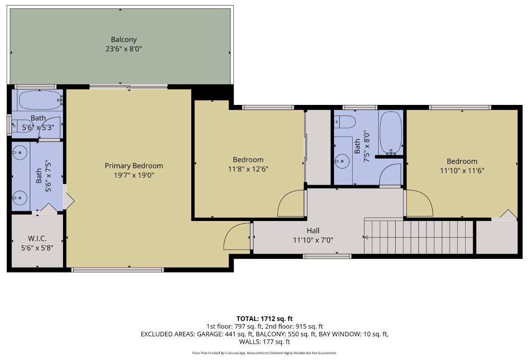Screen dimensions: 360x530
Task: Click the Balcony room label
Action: click(124, 40)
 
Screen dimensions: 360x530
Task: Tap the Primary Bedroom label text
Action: click(134, 166)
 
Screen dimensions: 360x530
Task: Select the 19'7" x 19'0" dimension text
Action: click(134, 175)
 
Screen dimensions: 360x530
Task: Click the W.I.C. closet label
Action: click(37, 239)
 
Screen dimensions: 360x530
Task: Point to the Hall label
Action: click(313, 231)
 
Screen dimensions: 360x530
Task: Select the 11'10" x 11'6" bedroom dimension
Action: click(462, 171)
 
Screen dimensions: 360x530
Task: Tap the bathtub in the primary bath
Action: click(40, 100)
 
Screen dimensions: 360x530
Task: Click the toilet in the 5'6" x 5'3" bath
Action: click(21, 126)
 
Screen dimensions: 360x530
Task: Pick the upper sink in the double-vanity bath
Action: click(20, 152)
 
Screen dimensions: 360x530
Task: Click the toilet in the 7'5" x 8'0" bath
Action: click(345, 122)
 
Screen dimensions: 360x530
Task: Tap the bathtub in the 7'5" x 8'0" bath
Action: click(391, 132)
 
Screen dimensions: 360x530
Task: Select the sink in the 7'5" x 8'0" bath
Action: click(342, 161)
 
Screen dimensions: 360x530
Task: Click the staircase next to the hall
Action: click(418, 237)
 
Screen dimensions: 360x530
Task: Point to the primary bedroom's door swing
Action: click(238, 237)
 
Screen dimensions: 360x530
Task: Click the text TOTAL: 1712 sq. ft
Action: click(265, 318)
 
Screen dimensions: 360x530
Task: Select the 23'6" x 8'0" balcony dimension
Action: click(124, 48)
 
